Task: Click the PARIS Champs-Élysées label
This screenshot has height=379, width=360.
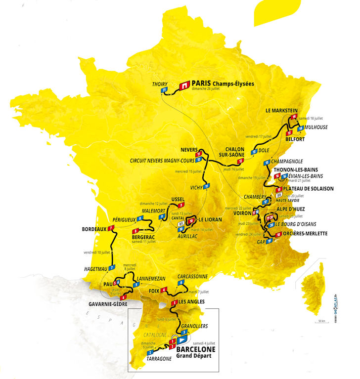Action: click(223, 84)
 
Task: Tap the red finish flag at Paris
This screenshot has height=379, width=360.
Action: click(184, 85)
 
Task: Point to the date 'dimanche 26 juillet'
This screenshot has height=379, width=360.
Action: click(210, 90)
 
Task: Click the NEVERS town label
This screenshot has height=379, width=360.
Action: click(189, 150)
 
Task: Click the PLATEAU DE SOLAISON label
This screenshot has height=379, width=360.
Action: click(309, 189)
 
